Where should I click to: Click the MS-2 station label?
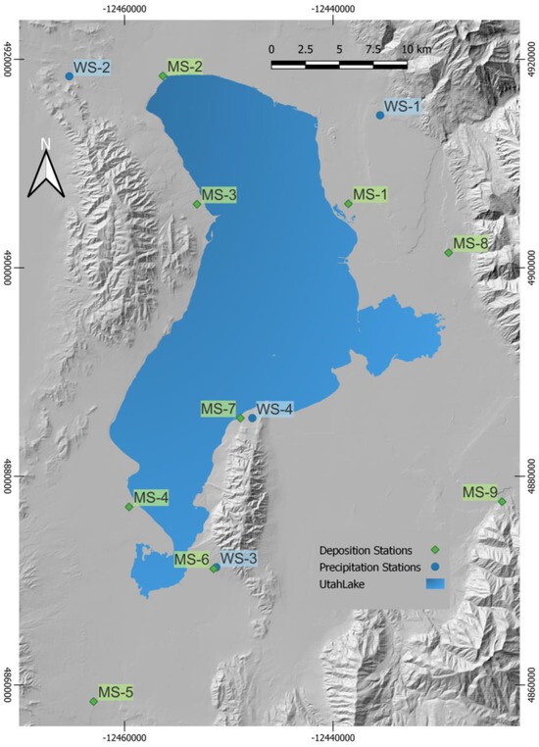click(185, 67)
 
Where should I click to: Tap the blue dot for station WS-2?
click(70, 76)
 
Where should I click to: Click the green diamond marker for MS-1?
click(348, 204)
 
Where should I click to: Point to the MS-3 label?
click(219, 195)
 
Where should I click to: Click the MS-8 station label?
click(471, 243)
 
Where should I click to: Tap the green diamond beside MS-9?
click(503, 502)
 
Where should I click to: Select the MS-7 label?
click(219, 408)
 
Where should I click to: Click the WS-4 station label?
click(274, 409)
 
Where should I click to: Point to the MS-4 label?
click(151, 498)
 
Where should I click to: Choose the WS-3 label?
click(239, 558)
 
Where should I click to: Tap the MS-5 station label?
click(116, 692)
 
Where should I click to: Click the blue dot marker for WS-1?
click(380, 116)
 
